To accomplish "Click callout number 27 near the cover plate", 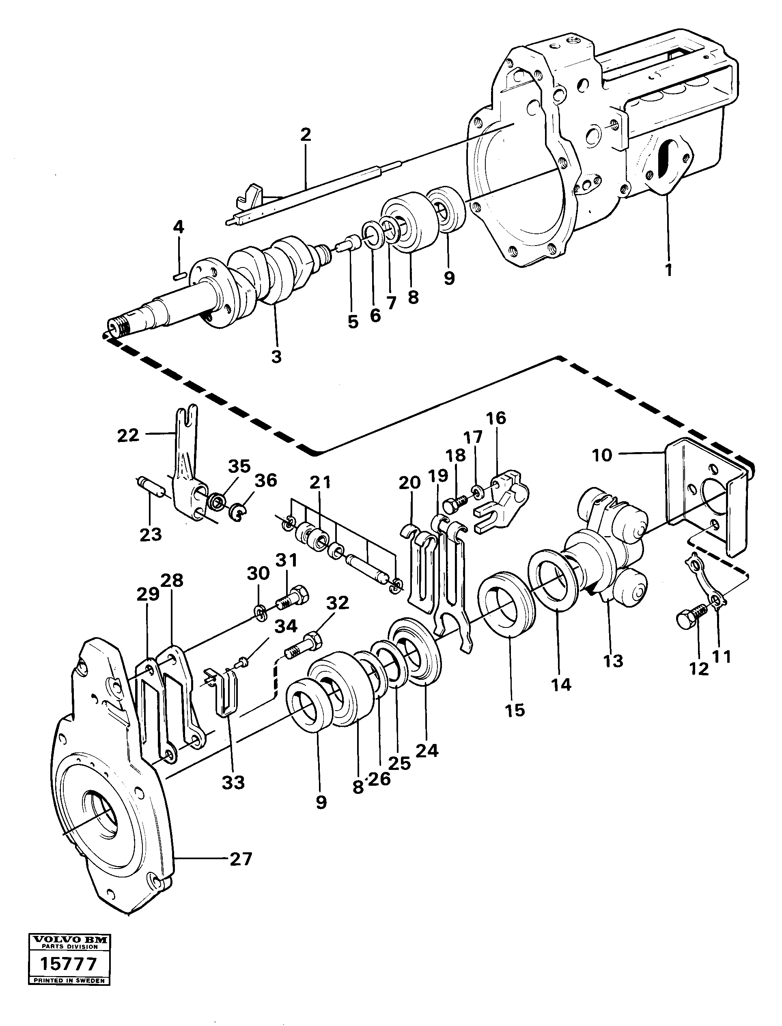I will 241,858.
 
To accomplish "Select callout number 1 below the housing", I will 668,269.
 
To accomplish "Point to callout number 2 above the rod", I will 305,135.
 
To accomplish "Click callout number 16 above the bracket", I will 496,418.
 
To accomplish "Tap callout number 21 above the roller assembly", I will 320,482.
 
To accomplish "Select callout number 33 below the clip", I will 233,782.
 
